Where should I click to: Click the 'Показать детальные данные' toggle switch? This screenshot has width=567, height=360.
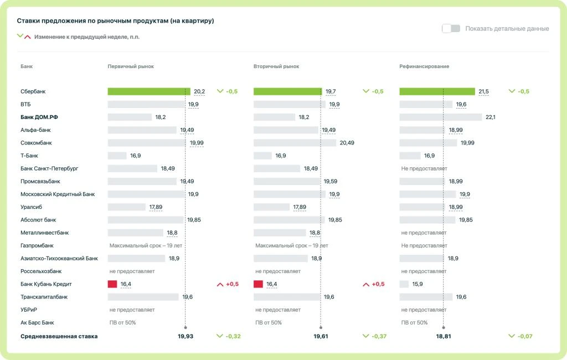(x=451, y=28)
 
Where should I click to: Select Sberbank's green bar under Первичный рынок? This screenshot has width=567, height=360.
(x=149, y=91)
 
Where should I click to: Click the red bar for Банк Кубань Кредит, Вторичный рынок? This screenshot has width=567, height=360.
(x=258, y=284)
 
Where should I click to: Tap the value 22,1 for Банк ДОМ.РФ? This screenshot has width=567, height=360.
(x=491, y=117)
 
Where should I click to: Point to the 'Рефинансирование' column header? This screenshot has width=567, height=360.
(x=424, y=66)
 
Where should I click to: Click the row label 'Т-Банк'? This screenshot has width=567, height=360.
(x=29, y=156)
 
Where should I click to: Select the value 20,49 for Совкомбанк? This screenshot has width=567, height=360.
(x=347, y=143)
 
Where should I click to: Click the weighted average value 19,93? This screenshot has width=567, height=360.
(x=185, y=336)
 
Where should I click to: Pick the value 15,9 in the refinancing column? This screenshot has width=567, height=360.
(x=417, y=284)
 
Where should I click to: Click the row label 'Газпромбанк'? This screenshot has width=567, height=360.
(x=37, y=246)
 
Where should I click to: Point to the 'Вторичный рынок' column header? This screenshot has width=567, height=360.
(x=276, y=66)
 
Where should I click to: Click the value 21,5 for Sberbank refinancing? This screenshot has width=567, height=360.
(x=483, y=91)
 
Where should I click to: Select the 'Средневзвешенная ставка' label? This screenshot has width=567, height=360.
(x=59, y=337)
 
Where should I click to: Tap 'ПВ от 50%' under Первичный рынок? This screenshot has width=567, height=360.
(x=122, y=323)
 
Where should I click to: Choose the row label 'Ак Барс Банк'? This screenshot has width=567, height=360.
(x=37, y=323)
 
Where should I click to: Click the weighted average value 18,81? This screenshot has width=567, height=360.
(x=444, y=336)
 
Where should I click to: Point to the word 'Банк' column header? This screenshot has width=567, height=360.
(x=27, y=66)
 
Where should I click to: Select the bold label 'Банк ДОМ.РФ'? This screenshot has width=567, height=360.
(x=39, y=117)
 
